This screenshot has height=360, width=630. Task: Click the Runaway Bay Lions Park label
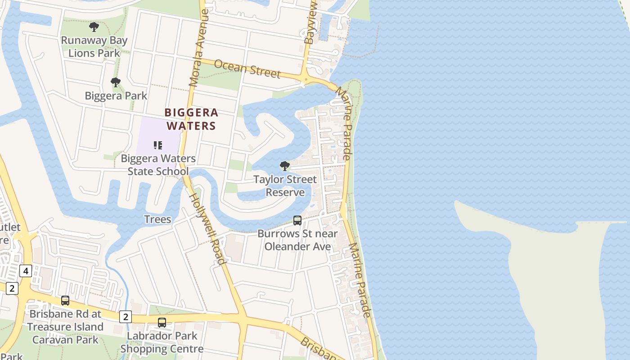click(x=94, y=46)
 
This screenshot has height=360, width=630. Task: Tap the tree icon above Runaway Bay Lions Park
click(x=94, y=27)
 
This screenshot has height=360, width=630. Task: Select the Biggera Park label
click(x=116, y=96)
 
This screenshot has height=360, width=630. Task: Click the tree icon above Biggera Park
click(x=116, y=82)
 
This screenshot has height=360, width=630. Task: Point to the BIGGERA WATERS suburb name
click(x=192, y=119)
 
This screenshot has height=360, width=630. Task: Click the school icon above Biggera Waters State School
click(x=158, y=145)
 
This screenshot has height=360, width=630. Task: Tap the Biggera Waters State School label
click(x=158, y=165)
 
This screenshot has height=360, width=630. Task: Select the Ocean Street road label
click(x=247, y=68)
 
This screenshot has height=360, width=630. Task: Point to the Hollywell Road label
click(x=206, y=229)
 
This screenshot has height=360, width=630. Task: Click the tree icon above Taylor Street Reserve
click(x=285, y=166)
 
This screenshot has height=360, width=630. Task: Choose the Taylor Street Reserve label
click(x=285, y=186)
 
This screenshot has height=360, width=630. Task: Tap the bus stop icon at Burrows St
click(x=297, y=220)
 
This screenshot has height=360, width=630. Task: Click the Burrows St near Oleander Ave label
click(x=297, y=240)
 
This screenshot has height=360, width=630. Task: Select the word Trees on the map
click(x=157, y=219)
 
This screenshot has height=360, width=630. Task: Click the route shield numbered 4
click(x=26, y=271)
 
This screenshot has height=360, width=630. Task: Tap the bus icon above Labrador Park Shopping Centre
click(x=162, y=323)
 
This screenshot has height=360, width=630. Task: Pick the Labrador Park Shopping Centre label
click(x=162, y=342)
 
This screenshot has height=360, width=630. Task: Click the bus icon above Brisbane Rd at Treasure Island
click(x=65, y=301)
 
